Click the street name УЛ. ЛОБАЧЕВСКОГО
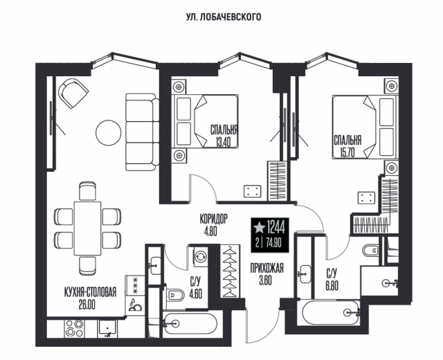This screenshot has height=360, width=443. click(224, 17)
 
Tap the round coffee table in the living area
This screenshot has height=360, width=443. click(109, 133)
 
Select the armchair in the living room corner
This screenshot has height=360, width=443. click(73, 93)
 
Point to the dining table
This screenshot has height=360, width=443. click(87, 228)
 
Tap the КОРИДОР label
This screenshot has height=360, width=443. click(214, 219)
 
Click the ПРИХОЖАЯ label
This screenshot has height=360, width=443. click(266, 269)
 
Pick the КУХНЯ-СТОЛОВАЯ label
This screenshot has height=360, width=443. click(91, 292)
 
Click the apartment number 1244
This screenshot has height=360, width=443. click(275, 228)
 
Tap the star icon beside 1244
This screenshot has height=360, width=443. click(260, 228)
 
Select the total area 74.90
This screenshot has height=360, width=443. click(273, 243)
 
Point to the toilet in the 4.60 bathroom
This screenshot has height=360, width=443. click(174, 295)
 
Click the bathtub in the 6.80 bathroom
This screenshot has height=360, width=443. click(331, 312)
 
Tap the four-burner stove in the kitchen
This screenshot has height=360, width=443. click(74, 328)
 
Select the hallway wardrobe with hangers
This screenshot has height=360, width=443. click(230, 271)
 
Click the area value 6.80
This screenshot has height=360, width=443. click(332, 286)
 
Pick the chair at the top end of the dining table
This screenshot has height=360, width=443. click(88, 192)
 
